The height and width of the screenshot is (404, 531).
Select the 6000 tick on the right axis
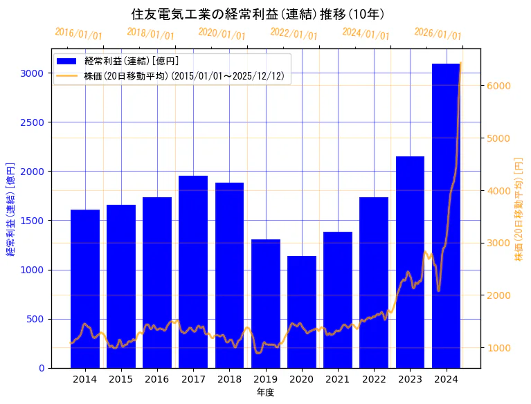click(x=497, y=86)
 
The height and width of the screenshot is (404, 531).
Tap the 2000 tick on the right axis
click(x=497, y=295)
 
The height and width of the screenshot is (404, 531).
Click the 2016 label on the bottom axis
click(x=157, y=379)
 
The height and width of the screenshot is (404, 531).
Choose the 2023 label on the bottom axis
click(x=410, y=379)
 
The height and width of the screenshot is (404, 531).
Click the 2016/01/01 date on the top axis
click(x=78, y=33)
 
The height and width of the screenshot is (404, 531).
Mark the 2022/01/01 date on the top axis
click(x=294, y=33)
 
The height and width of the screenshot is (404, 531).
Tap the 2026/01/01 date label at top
click(x=438, y=33)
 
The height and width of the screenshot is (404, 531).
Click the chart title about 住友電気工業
click(x=258, y=14)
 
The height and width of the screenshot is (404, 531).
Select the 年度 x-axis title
click(x=266, y=393)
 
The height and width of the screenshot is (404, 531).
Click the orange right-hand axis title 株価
click(x=519, y=208)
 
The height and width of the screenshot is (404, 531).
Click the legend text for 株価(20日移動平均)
click(x=184, y=76)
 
